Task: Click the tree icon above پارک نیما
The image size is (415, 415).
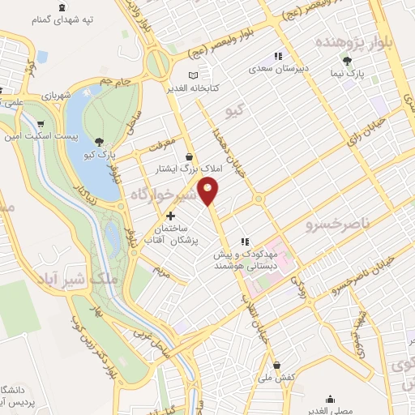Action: pos(349,61)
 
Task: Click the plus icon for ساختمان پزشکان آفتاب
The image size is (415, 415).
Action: pos(170,216)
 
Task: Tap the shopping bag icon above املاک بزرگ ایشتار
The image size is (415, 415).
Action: pos(189,156)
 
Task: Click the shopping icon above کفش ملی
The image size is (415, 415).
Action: pos(278,365)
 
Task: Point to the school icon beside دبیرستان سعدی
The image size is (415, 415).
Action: pos(277,57)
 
